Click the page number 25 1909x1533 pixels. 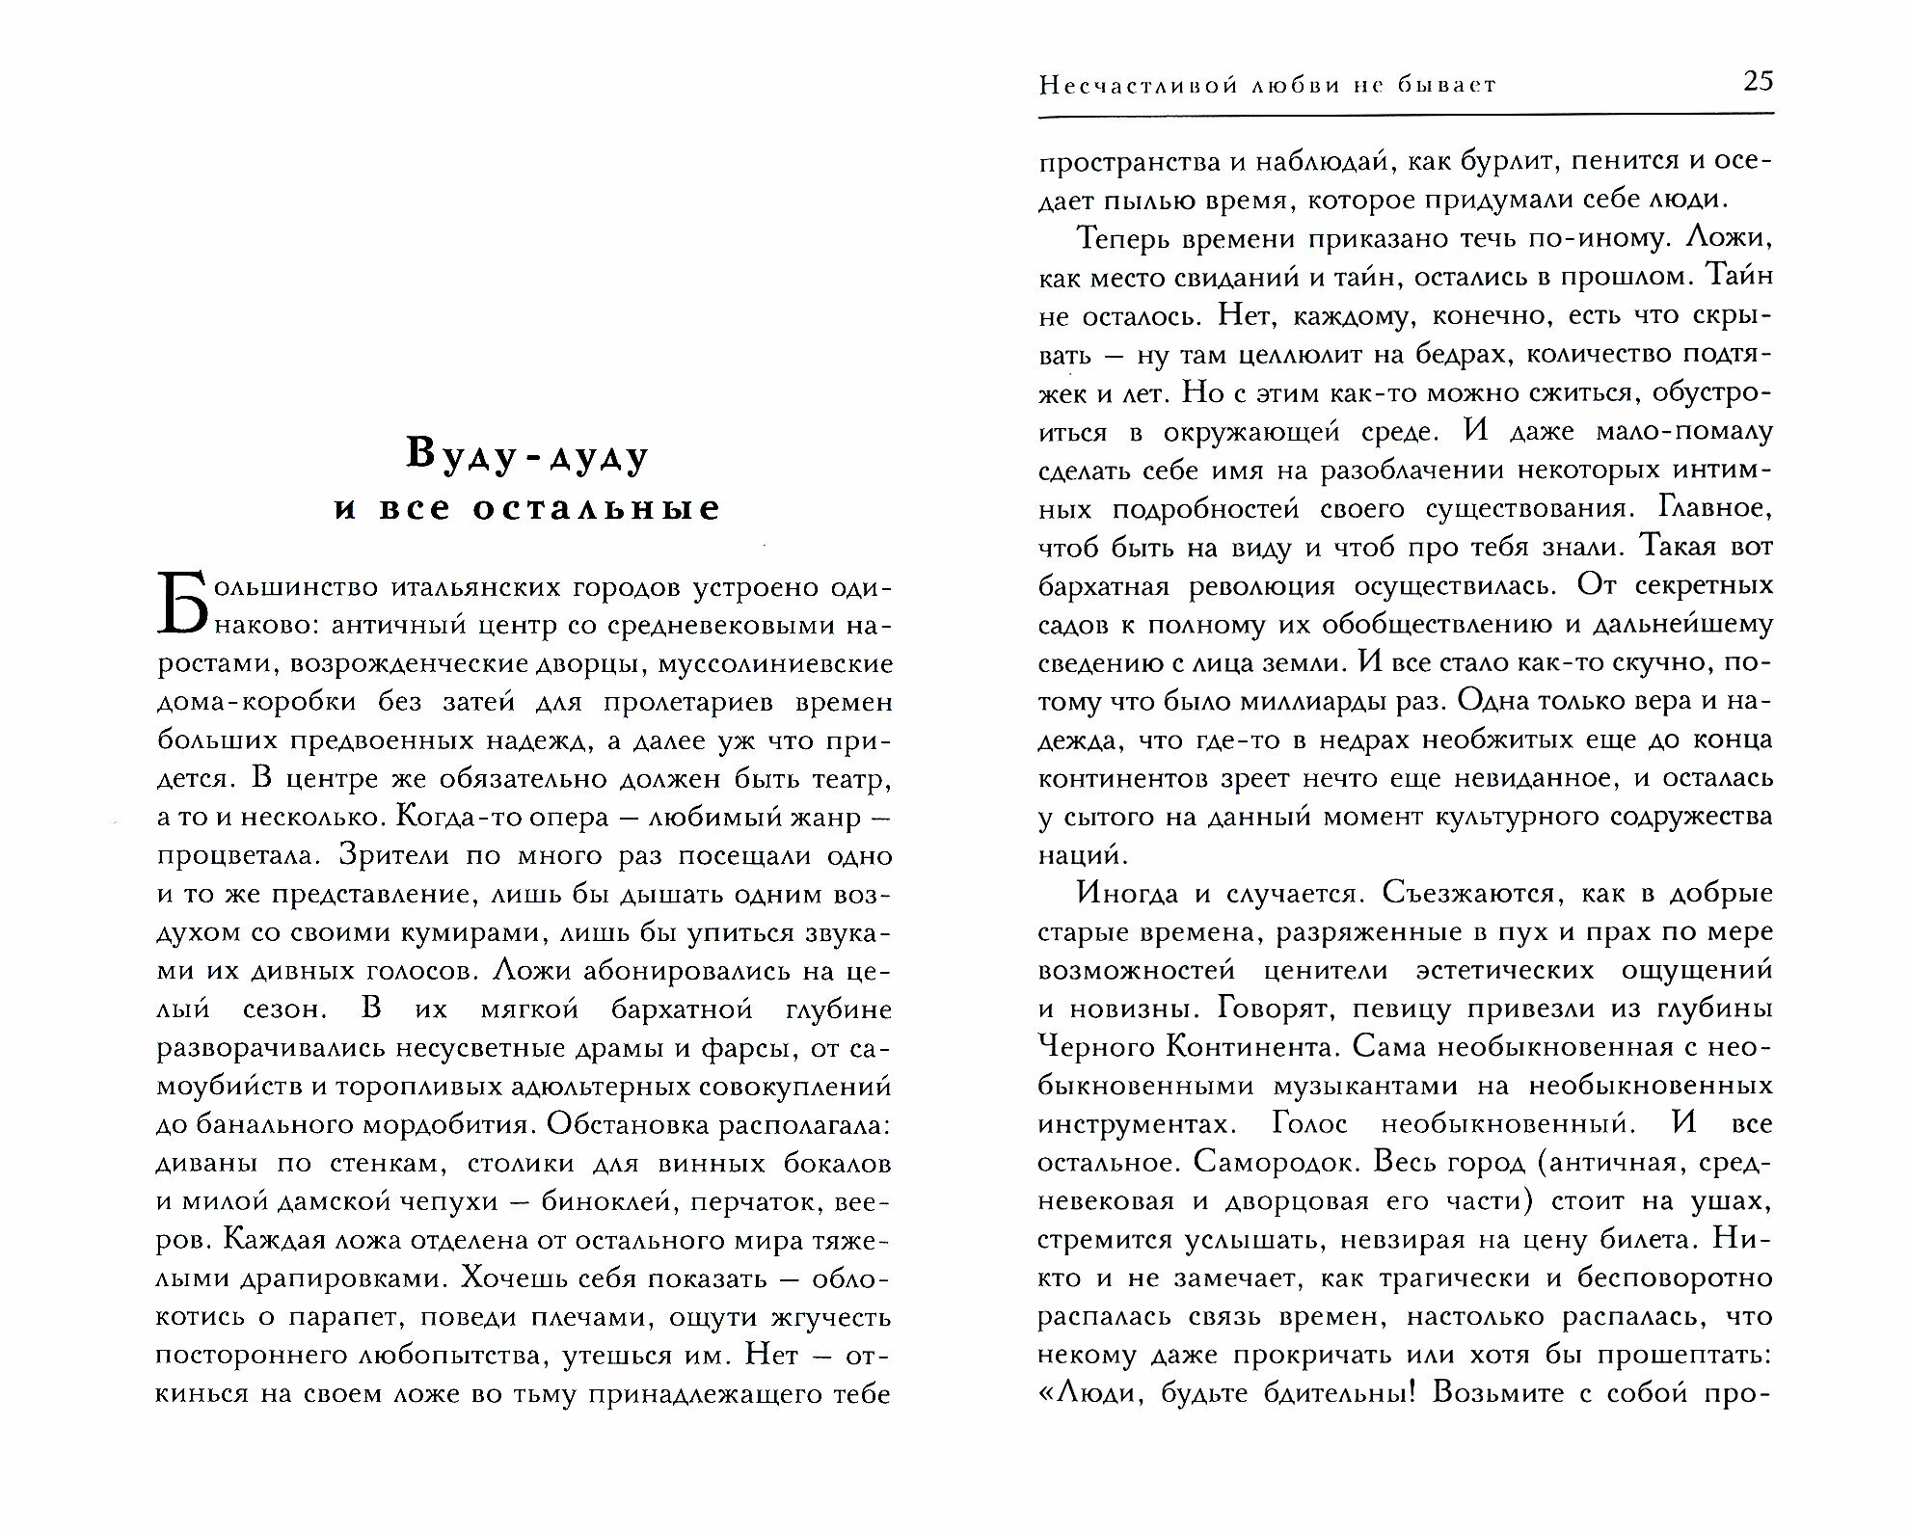pyautogui.click(x=1759, y=82)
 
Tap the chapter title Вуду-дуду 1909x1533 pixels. pyautogui.click(x=526, y=455)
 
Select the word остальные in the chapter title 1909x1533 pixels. pyautogui.click(x=597, y=508)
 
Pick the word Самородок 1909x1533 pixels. pyautogui.click(x=1258, y=1163)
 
